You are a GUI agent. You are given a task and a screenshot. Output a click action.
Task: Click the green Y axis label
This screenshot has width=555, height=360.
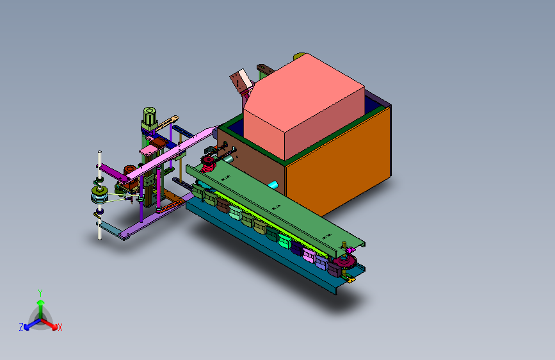40,293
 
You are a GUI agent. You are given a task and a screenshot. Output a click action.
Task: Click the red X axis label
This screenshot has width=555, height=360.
60,328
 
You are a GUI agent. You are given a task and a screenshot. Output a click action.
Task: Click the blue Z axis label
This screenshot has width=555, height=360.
21,327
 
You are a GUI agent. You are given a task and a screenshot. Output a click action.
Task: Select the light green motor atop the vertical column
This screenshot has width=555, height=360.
150,118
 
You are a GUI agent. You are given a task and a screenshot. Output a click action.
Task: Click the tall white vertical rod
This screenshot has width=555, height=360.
100,195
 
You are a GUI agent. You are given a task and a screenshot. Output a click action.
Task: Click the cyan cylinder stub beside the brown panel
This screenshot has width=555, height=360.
273,184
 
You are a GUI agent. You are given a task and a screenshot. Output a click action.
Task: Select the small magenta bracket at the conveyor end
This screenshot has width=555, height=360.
350,250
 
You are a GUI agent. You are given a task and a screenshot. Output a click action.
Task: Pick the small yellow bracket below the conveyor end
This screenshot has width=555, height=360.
350,279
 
